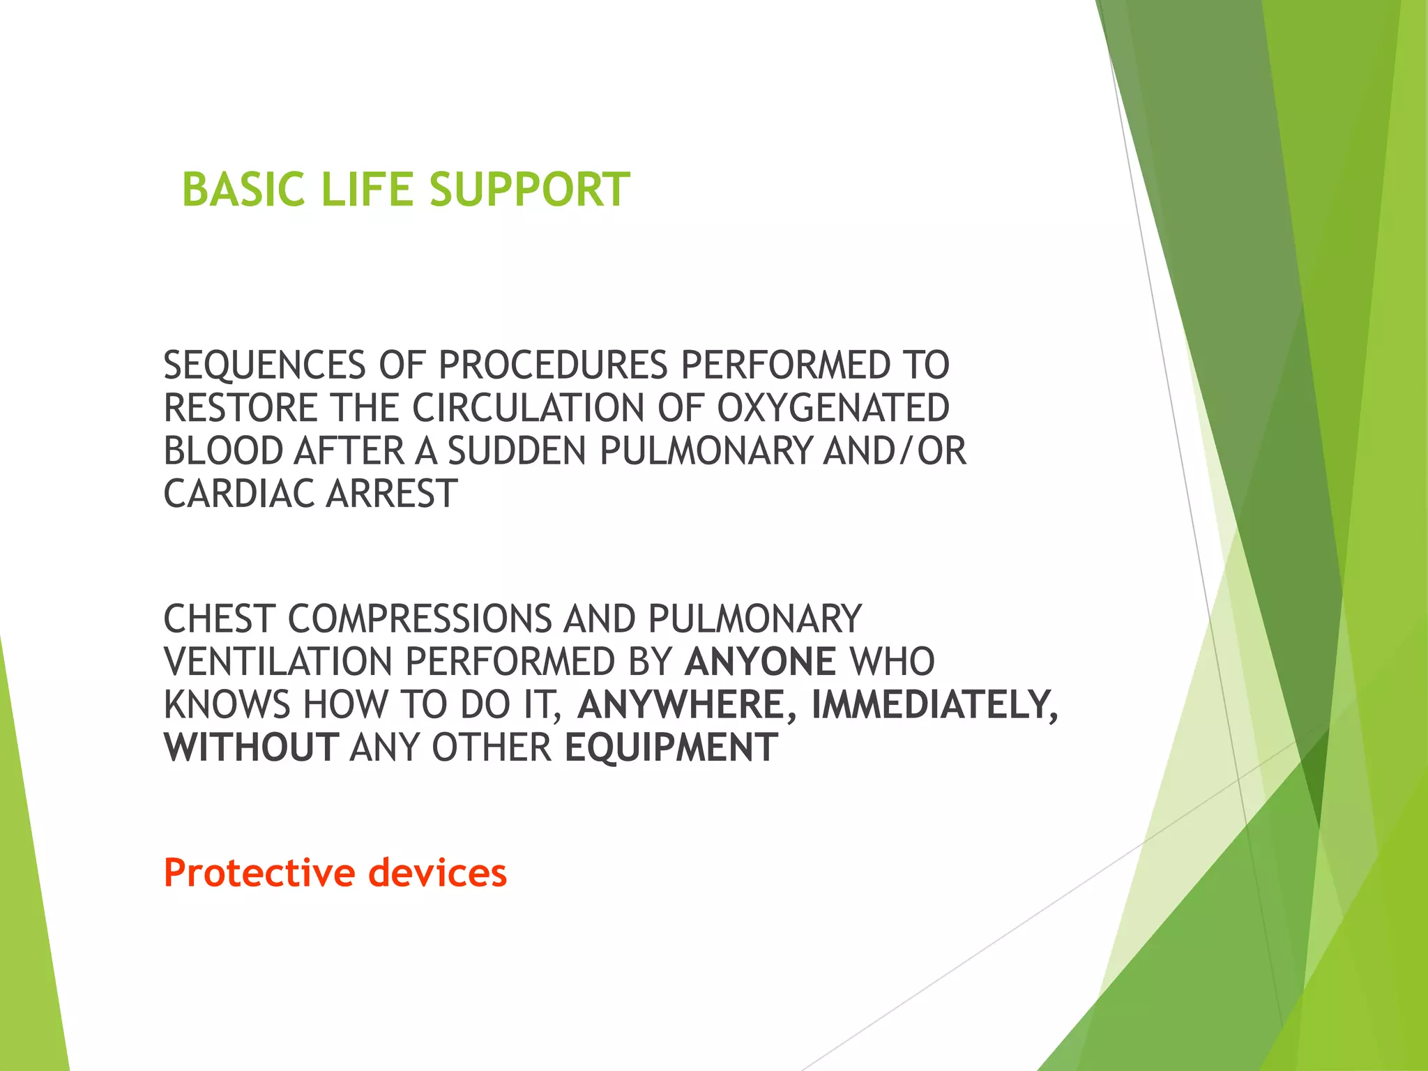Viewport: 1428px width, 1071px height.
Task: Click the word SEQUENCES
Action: [264, 365]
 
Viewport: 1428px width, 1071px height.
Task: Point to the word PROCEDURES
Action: [553, 365]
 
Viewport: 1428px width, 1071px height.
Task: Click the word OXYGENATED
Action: [833, 408]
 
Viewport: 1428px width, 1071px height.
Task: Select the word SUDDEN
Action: [517, 451]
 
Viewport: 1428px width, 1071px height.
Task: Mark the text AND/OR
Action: [895, 451]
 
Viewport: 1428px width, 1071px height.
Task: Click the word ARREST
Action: [391, 494]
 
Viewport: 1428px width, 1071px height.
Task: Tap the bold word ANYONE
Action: [760, 662]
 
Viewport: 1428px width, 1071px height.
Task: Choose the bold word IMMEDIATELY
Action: [934, 705]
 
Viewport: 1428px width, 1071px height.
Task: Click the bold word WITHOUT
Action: [251, 747]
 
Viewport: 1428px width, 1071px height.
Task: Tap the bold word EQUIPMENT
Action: [671, 747]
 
